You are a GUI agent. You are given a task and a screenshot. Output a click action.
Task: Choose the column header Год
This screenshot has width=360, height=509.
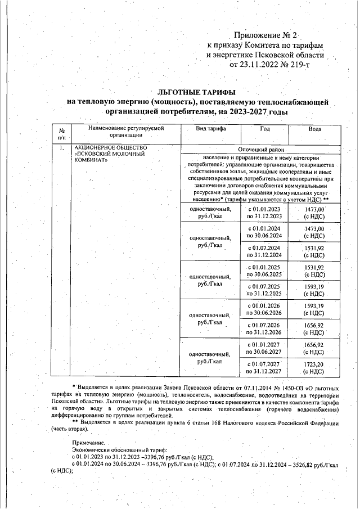tap(264, 129)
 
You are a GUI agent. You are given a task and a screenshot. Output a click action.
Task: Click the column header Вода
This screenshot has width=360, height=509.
tap(314, 129)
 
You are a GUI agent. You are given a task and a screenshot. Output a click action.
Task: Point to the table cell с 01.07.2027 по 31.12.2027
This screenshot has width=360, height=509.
tap(264, 367)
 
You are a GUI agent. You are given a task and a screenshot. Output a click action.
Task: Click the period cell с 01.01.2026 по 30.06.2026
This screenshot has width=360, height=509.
tap(264, 309)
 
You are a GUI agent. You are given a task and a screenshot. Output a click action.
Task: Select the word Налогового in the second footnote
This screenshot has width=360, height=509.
tap(250, 422)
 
